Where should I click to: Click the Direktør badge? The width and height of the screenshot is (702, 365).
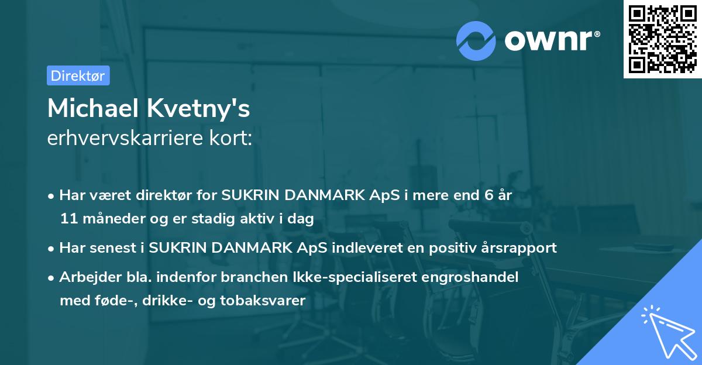(x=78, y=75)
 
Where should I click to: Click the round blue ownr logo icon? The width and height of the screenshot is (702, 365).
(x=477, y=40)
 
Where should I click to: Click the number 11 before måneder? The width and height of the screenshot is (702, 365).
(x=68, y=219)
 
